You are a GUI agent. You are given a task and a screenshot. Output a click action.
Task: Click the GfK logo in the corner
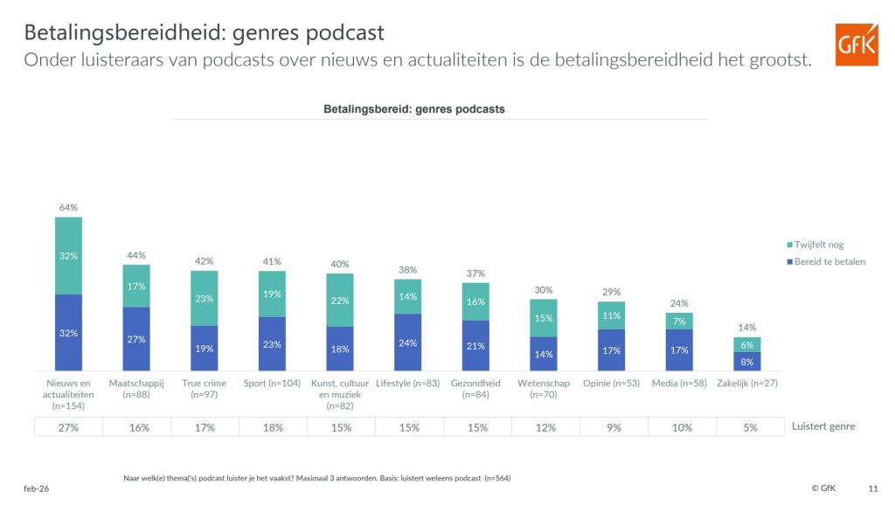[857, 44]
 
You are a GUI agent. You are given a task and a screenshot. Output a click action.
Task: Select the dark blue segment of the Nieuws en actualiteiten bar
[68, 333]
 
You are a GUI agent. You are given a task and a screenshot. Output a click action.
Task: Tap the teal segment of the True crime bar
[204, 298]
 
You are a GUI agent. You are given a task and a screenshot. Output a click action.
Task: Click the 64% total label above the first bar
[68, 207]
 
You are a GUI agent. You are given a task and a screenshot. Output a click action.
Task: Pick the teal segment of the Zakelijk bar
[746, 344]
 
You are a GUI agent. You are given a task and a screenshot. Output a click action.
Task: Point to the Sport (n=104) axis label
[272, 384]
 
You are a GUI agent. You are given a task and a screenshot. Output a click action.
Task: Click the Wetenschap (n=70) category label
[544, 389]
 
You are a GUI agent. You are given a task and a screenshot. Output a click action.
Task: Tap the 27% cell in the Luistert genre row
[68, 427]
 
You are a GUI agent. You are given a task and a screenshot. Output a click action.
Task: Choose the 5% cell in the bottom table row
[750, 427]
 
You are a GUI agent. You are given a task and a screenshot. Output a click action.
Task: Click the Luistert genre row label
[822, 426]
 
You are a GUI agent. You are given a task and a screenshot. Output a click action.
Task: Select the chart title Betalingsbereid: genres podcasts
[413, 109]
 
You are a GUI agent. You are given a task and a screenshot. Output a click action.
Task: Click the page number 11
[873, 488]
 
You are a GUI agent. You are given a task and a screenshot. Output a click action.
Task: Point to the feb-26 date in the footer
[37, 488]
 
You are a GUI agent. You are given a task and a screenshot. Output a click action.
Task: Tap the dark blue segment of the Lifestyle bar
[407, 342]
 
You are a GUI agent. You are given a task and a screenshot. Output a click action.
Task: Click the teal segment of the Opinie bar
[611, 315]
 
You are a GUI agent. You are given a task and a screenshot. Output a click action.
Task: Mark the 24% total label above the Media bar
[679, 304]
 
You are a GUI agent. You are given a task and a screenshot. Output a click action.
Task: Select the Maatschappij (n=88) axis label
[135, 389]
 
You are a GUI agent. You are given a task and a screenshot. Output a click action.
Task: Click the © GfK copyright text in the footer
[822, 488]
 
